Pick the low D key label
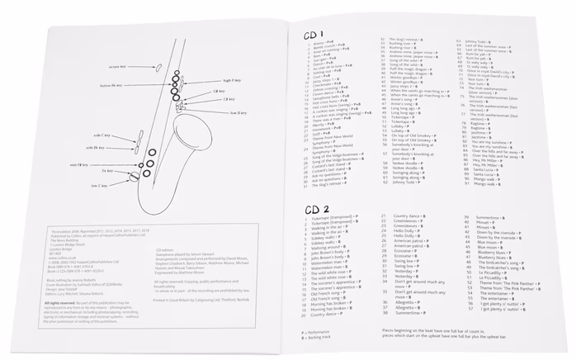tap(238, 111)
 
